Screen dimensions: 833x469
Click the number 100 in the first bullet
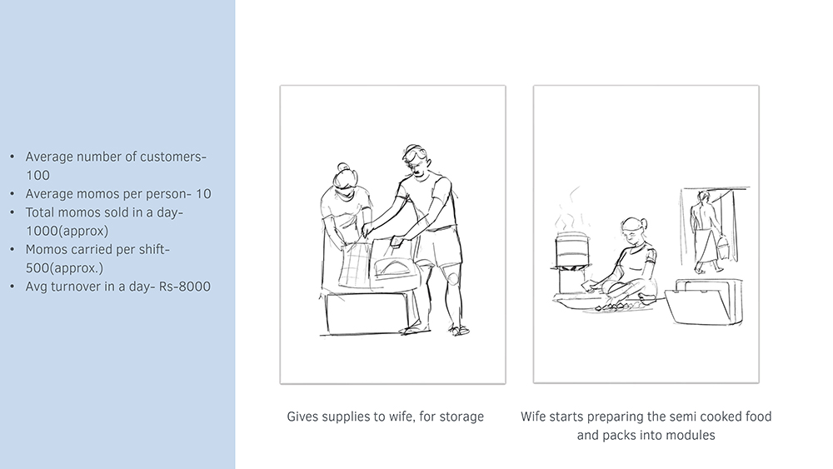pos(37,175)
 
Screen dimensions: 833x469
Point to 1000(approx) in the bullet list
pos(67,231)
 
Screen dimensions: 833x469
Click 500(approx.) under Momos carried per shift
pos(64,268)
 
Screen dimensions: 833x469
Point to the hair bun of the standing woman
pos(342,167)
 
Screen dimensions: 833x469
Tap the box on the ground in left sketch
pos(367,312)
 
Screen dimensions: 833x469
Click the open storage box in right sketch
pos(705,302)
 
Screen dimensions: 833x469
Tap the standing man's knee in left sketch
pos(452,277)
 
